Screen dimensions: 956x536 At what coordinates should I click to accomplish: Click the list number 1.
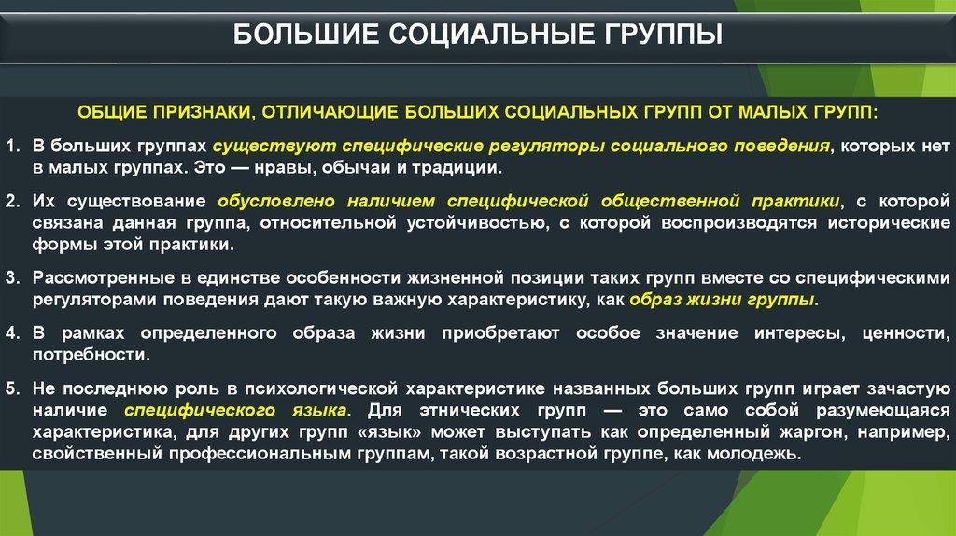click(12, 146)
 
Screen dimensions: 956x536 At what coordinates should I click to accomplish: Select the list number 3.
click(12, 277)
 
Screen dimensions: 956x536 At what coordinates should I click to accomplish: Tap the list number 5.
click(12, 388)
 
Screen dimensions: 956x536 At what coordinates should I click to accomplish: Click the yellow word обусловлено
click(276, 201)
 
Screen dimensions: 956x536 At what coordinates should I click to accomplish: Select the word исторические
click(889, 222)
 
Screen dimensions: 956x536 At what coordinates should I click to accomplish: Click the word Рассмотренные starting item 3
click(104, 278)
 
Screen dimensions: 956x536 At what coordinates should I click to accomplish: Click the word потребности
click(91, 355)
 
